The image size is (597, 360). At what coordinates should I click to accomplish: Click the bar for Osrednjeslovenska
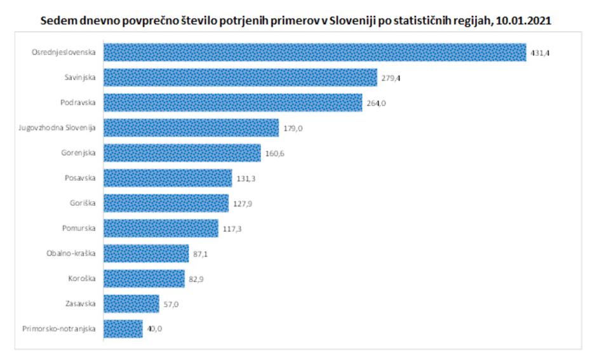(x=314, y=53)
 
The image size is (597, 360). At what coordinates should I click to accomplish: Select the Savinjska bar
(x=240, y=77)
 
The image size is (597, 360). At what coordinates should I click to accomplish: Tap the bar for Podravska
(x=232, y=103)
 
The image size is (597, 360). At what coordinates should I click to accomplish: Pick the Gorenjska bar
(x=182, y=153)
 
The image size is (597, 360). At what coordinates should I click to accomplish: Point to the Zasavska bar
(x=131, y=303)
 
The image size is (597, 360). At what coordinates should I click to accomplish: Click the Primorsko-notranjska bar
(x=123, y=329)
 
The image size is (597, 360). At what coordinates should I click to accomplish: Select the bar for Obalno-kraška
(x=145, y=253)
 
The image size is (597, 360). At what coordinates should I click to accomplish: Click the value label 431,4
(x=540, y=53)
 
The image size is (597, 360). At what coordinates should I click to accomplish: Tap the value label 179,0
(x=293, y=128)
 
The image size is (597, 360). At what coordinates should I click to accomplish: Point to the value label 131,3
(x=246, y=178)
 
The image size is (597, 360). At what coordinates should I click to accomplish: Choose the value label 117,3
(x=232, y=229)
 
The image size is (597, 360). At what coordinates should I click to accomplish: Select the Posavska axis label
(x=80, y=178)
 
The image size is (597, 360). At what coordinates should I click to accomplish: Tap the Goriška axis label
(x=83, y=203)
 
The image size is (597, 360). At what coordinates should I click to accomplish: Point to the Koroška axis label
(x=82, y=278)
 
